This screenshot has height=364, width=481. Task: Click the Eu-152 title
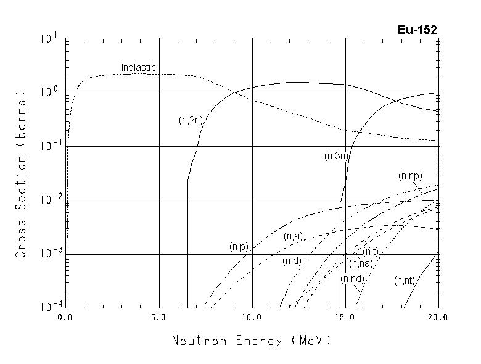coord(418,30)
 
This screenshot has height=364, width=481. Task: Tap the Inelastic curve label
coord(138,67)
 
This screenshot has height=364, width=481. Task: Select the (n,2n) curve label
coord(190,120)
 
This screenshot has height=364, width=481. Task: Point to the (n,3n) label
coord(336,157)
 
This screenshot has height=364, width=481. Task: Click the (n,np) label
coord(409,176)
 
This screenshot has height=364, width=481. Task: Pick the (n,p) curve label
coord(239,247)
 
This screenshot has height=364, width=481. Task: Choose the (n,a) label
coord(293,236)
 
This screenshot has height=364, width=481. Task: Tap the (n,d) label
coord(292,261)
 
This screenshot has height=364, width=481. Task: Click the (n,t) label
coord(370,251)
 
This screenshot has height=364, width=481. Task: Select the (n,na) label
coord(361,264)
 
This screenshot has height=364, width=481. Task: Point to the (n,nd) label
coord(352,279)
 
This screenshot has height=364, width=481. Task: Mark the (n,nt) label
coord(405,281)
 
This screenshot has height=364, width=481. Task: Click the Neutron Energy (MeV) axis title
coord(250,341)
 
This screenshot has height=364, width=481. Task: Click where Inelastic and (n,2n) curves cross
coord(234,93)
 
